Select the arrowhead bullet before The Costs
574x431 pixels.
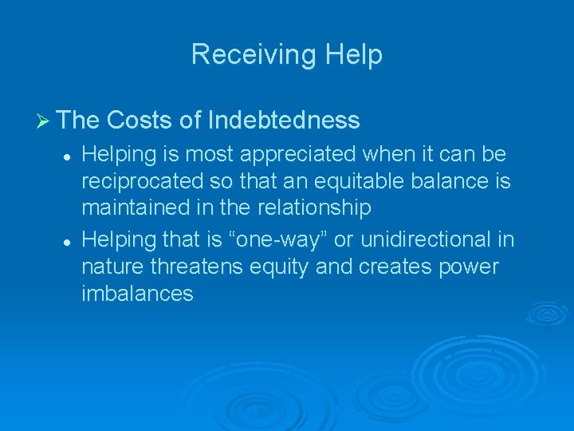(44, 121)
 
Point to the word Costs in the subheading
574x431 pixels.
(139, 121)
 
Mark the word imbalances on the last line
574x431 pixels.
(137, 293)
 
